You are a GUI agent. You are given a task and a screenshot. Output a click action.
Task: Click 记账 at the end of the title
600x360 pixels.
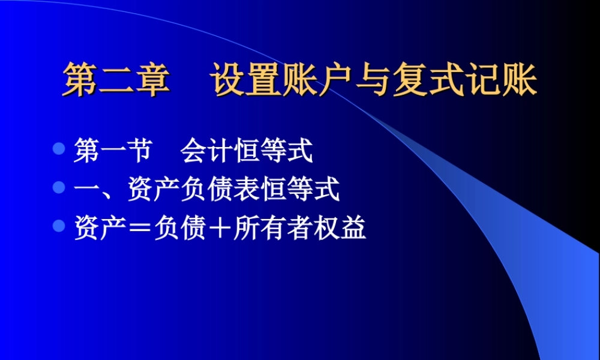500,81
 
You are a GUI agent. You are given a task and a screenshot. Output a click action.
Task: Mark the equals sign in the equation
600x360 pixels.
140,230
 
